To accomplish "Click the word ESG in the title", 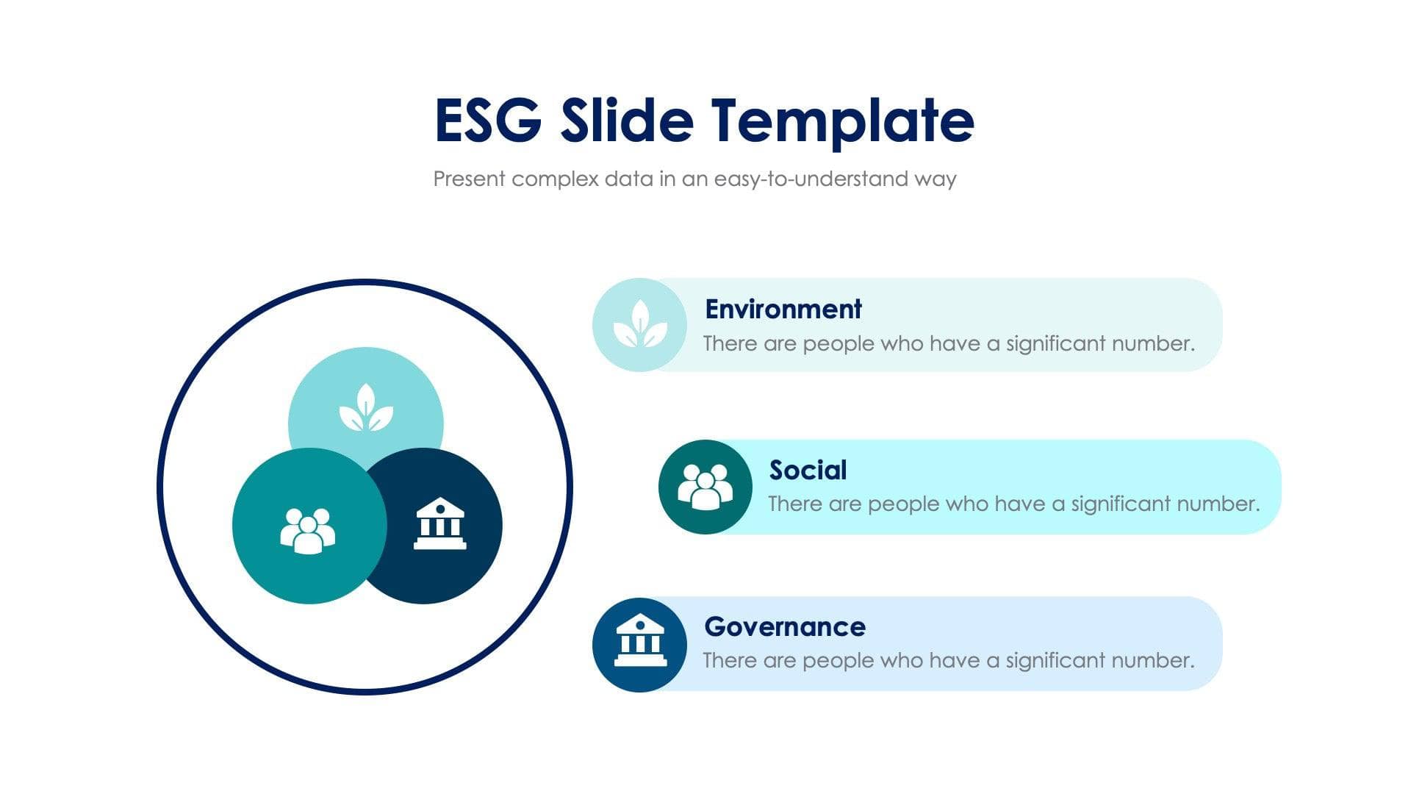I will tap(487, 120).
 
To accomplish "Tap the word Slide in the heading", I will tap(626, 120).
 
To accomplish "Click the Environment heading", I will tap(783, 310).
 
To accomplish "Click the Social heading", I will tap(808, 471).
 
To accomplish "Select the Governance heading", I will tap(784, 627).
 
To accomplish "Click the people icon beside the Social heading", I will tap(705, 486).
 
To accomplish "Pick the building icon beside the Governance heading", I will tap(640, 642).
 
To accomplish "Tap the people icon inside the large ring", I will tap(307, 530).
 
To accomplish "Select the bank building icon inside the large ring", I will tap(439, 523).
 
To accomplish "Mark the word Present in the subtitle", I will tap(469, 179).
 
